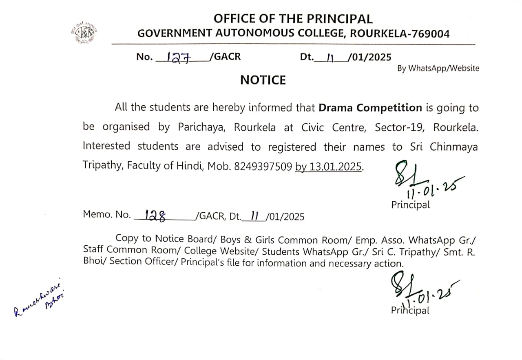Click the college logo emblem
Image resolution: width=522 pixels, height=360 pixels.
pyautogui.click(x=86, y=31)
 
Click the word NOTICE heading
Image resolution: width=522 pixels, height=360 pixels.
pyautogui.click(x=263, y=80)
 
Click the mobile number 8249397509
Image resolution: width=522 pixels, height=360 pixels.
pyautogui.click(x=263, y=167)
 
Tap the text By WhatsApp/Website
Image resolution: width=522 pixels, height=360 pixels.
pyautogui.click(x=438, y=69)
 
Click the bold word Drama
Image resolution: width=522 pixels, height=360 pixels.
pyautogui.click(x=336, y=108)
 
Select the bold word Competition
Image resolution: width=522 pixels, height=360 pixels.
pyautogui.click(x=389, y=108)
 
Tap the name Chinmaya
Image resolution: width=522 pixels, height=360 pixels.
pyautogui.click(x=453, y=147)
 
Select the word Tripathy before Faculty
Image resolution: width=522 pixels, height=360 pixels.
pyautogui.click(x=102, y=167)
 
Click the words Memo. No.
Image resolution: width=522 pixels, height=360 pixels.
pyautogui.click(x=106, y=214)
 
